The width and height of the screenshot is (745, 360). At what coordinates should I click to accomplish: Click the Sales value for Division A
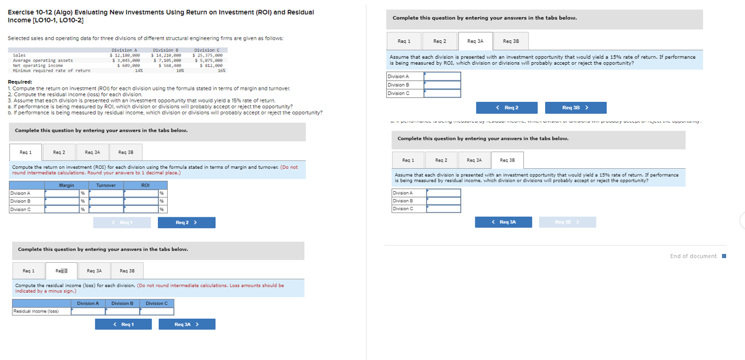(x=125, y=55)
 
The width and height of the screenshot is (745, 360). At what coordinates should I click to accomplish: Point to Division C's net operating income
(x=209, y=65)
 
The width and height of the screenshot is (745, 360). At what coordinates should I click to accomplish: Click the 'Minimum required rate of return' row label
(x=51, y=71)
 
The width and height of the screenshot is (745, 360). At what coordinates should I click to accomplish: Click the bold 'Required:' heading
(x=20, y=82)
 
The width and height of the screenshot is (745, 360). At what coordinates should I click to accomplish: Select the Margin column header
(x=66, y=185)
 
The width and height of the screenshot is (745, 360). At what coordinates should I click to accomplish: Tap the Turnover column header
(x=106, y=185)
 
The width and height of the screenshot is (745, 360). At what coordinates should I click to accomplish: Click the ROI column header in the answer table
(x=145, y=185)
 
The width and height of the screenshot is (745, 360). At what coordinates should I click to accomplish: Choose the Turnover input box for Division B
(x=106, y=201)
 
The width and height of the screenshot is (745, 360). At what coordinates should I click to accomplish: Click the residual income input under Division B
(x=122, y=311)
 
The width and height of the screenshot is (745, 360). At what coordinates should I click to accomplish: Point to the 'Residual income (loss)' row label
(x=36, y=311)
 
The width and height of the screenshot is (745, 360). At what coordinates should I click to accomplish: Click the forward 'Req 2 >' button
(x=187, y=223)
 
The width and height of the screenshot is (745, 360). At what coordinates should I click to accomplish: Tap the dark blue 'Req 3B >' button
(x=576, y=108)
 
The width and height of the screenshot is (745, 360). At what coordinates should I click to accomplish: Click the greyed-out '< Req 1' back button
(x=122, y=223)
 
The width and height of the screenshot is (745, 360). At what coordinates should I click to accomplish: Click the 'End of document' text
(x=693, y=256)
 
